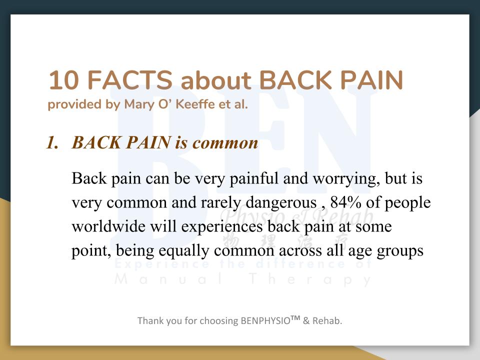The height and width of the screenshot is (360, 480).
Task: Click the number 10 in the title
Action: pos(63,80)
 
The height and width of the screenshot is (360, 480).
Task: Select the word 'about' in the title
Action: pos(216,80)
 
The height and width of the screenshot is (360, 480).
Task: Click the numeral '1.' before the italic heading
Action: pos(52,142)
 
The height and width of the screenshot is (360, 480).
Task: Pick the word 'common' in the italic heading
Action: pos(225,143)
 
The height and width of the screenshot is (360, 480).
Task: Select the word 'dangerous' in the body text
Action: pos(281,202)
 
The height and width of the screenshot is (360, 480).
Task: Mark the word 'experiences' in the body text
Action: pos(222,227)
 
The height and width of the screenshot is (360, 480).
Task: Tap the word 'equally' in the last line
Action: pos(183,251)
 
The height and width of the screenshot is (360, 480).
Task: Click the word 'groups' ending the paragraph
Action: pos(400,251)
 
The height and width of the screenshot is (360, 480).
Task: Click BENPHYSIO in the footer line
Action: pos(265,320)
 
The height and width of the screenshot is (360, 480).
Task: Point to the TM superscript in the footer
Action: pos(295,318)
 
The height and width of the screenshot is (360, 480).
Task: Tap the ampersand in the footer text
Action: pos(306,321)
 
